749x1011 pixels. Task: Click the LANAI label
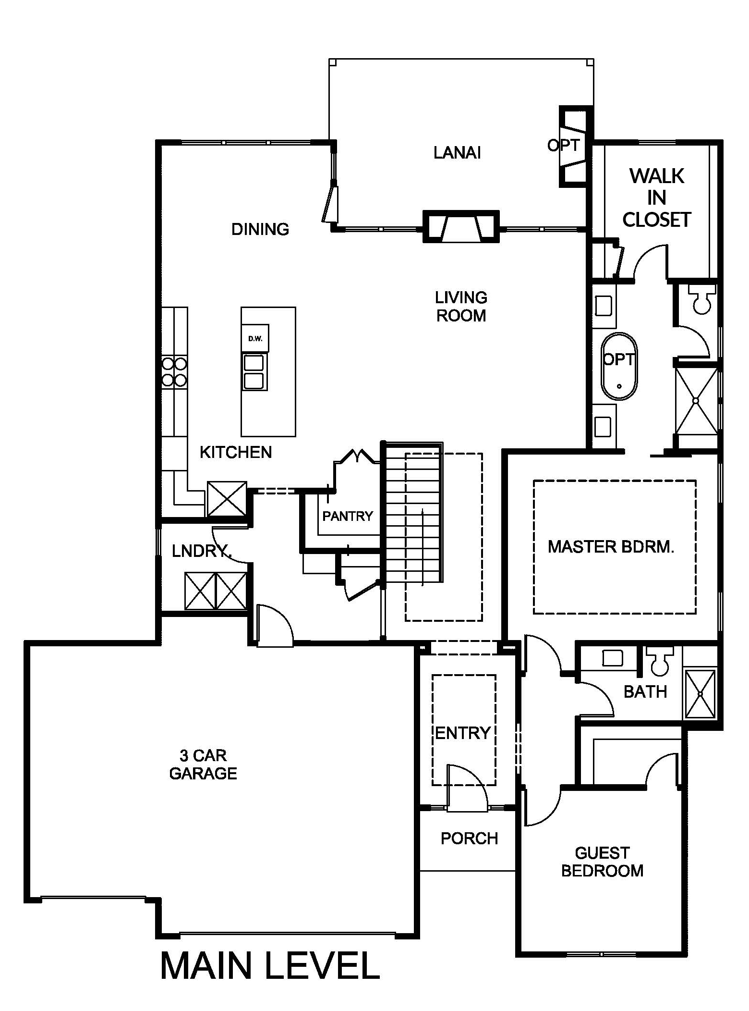pos(457,153)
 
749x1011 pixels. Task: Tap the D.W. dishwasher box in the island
pos(255,338)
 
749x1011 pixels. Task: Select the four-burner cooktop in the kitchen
pos(174,371)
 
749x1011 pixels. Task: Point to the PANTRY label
pos(347,516)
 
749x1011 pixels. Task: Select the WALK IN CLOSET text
pos(656,197)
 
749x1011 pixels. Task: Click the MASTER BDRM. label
pos(611,547)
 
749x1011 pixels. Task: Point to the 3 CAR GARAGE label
pos(203,764)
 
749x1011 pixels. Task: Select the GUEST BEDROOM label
pos(602,862)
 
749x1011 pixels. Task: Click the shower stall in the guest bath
pos(700,694)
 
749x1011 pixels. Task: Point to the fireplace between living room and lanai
pos(461,227)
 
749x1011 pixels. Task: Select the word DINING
pos(260,229)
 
